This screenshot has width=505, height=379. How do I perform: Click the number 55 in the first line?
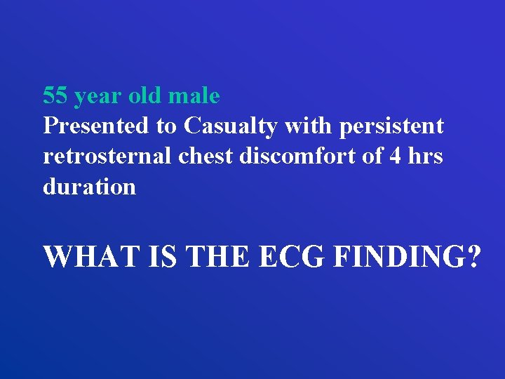coord(55,95)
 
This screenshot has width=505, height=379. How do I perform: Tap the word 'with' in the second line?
coord(312,126)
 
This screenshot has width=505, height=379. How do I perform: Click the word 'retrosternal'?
coord(108,157)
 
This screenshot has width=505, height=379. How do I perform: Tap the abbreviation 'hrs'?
coord(425,157)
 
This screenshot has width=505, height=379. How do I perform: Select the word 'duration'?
coord(89,187)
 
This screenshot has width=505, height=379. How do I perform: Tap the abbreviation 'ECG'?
coord(292,257)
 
